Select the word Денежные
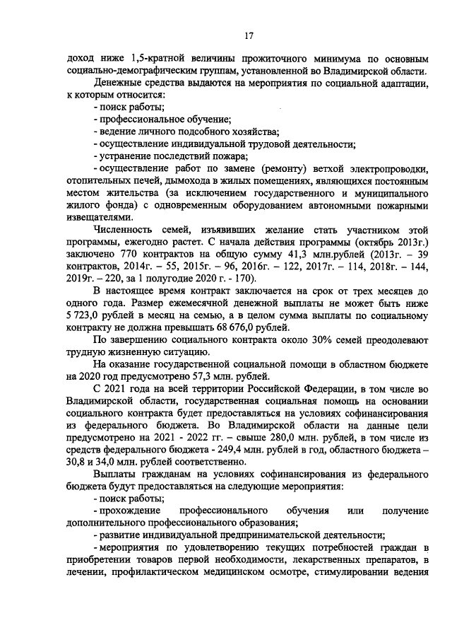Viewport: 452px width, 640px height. pyautogui.click(x=116, y=83)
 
